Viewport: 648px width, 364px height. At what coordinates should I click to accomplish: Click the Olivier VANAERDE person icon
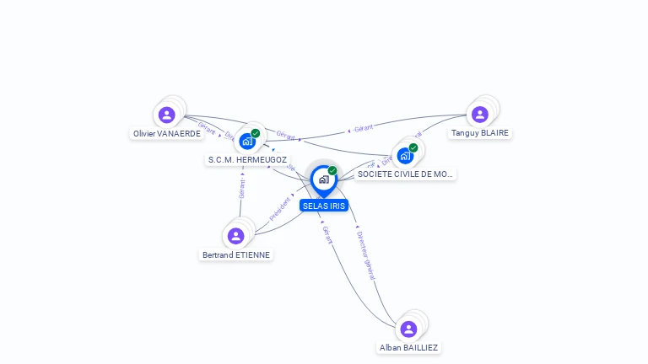pyautogui.click(x=166, y=115)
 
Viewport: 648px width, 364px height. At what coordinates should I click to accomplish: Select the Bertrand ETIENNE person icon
pyautogui.click(x=235, y=235)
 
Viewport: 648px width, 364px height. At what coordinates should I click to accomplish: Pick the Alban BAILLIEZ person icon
pyautogui.click(x=408, y=329)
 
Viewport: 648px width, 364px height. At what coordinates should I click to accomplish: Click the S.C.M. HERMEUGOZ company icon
pyautogui.click(x=247, y=141)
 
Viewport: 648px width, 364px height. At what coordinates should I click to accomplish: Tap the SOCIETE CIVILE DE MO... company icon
pyautogui.click(x=405, y=156)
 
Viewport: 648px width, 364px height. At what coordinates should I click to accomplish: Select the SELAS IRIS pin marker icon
pyautogui.click(x=323, y=179)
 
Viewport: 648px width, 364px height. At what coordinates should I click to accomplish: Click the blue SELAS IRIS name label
pyautogui.click(x=324, y=206)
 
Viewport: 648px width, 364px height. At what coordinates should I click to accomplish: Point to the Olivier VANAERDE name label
pyautogui.click(x=167, y=134)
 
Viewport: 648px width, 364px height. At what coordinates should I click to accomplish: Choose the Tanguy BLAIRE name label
pyautogui.click(x=480, y=133)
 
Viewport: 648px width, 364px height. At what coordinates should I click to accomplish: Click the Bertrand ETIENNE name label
pyautogui.click(x=237, y=254)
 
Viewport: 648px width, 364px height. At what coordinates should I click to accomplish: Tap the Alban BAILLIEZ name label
pyautogui.click(x=408, y=347)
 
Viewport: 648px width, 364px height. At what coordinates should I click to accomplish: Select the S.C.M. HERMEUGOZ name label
pyautogui.click(x=247, y=159)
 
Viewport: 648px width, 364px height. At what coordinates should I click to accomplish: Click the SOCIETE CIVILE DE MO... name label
pyautogui.click(x=405, y=174)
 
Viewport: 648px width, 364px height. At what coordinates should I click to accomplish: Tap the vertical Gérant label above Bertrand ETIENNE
pyautogui.click(x=241, y=187)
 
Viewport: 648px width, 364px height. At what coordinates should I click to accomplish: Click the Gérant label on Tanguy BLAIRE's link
pyautogui.click(x=363, y=128)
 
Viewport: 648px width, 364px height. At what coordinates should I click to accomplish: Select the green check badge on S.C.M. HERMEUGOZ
pyautogui.click(x=256, y=133)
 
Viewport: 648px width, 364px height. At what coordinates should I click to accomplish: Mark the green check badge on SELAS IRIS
pyautogui.click(x=332, y=170)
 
